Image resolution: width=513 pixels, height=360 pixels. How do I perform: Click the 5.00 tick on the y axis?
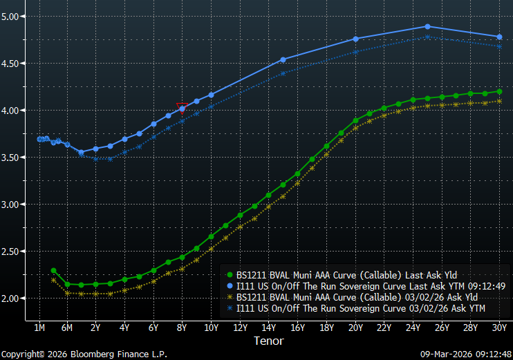12,16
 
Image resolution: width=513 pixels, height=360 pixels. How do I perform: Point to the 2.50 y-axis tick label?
12,252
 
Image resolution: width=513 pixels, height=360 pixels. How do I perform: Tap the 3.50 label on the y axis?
12,158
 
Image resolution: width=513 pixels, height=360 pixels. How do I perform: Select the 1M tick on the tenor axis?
39,326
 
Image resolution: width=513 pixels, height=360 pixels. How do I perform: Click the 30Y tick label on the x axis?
499,326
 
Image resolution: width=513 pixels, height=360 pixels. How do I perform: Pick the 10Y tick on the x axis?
211,326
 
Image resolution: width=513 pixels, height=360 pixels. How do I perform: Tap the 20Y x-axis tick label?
355,326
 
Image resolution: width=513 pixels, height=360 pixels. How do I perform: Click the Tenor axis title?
268,341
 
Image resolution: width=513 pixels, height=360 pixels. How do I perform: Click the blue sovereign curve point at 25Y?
427,27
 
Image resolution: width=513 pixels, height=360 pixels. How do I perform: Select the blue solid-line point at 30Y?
499,37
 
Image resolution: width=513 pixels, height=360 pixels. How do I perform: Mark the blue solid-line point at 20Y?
355,39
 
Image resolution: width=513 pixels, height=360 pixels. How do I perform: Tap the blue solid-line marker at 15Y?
283,59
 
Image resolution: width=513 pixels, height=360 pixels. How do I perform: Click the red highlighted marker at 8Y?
182,108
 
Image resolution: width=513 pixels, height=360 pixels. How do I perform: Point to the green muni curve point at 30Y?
499,92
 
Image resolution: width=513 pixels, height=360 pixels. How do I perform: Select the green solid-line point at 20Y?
355,120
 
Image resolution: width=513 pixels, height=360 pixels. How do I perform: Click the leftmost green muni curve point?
53,270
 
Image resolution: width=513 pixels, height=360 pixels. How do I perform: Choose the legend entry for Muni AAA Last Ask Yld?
346,274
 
